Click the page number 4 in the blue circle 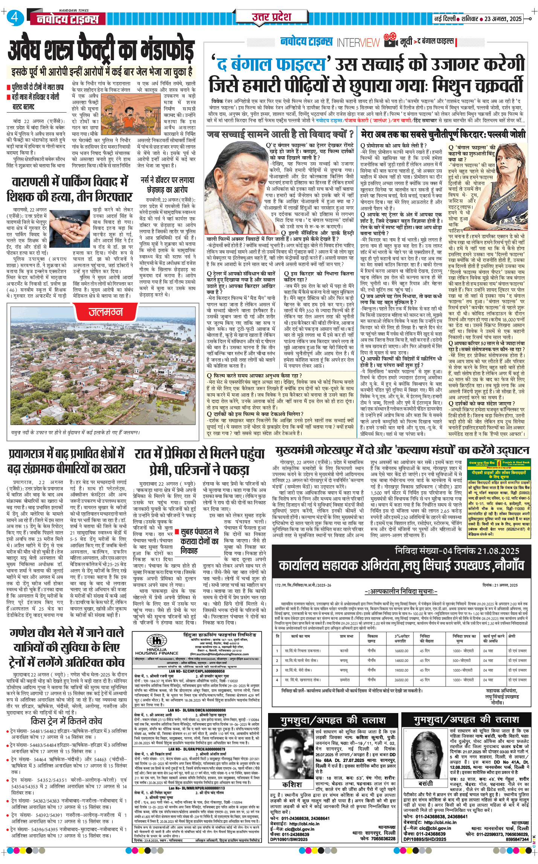(15, 17)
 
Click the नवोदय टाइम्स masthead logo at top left (68, 19)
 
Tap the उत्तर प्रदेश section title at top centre (271, 17)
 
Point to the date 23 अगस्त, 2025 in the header (503, 19)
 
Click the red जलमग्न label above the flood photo (105, 312)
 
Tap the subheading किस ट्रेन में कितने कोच (67, 721)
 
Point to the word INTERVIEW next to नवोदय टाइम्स (358, 43)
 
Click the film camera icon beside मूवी (390, 40)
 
